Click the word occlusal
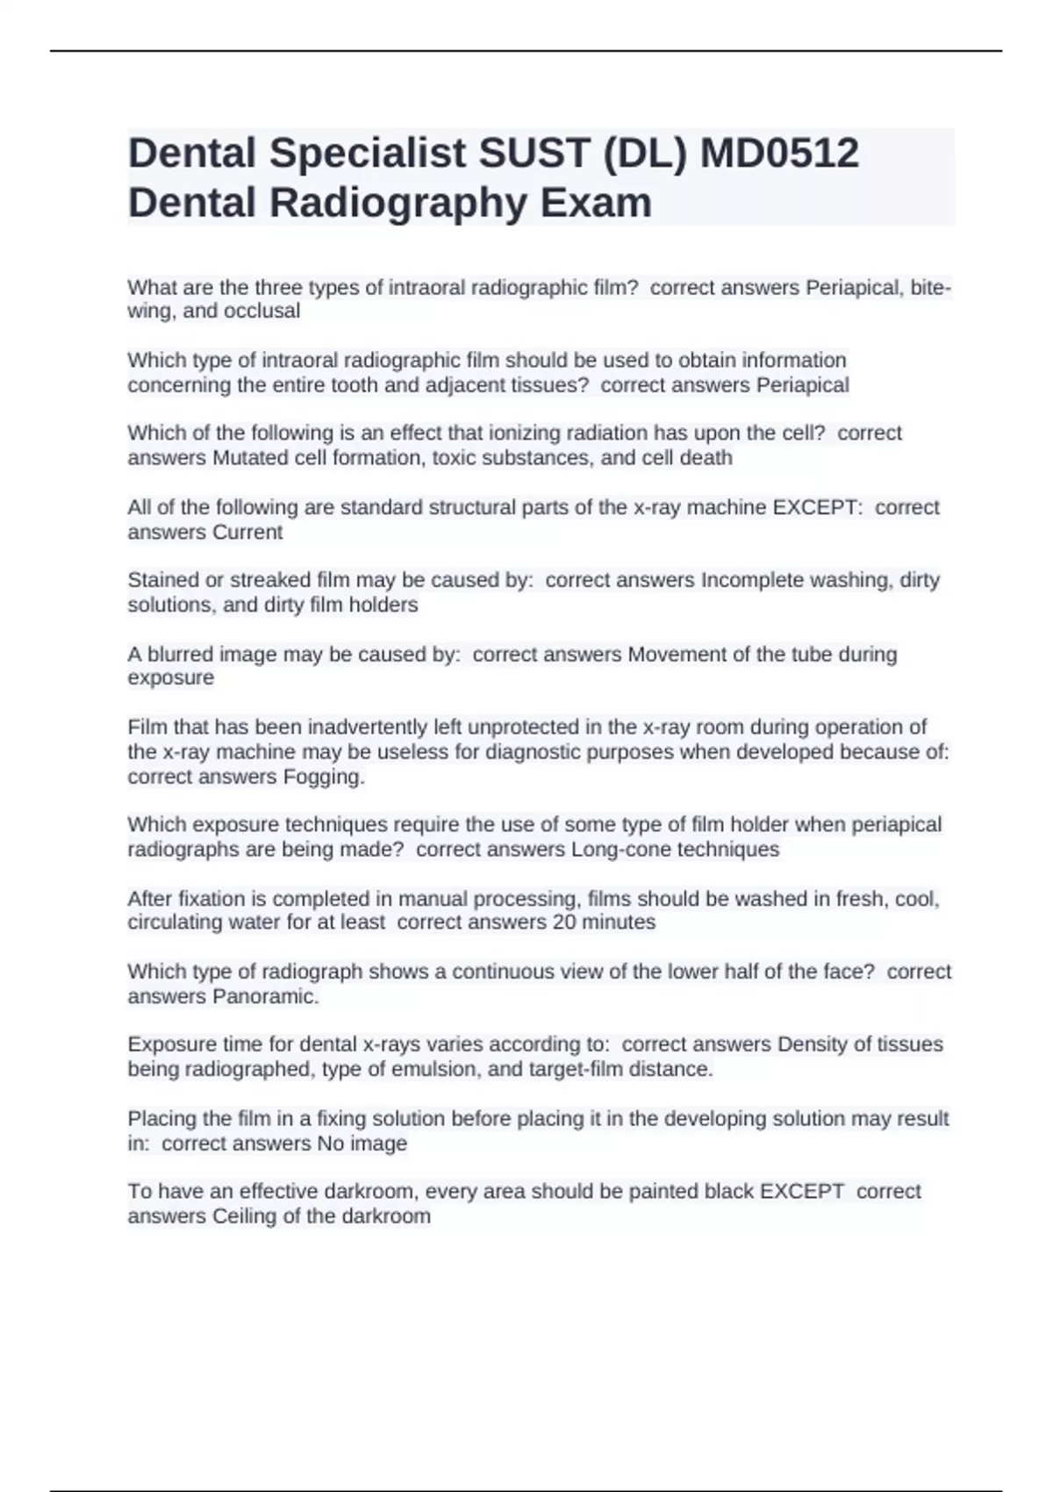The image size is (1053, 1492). (261, 311)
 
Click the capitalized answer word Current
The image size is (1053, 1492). (247, 532)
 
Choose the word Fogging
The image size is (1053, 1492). (324, 777)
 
